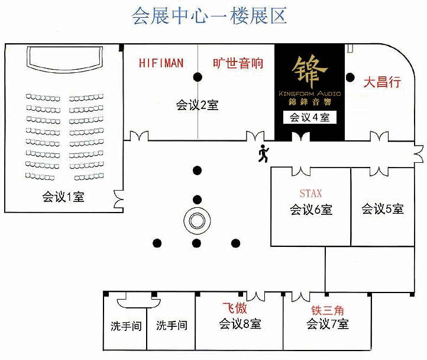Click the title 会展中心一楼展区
[x=209, y=15]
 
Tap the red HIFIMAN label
[x=161, y=63]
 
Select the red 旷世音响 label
[x=238, y=63]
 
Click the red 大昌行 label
[x=382, y=82]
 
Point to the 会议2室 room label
[x=197, y=105]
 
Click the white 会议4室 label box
[x=310, y=117]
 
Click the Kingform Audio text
[x=310, y=94]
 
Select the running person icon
[x=263, y=153]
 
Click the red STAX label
[x=310, y=194]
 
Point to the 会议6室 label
[x=311, y=210]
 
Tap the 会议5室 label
[x=382, y=209]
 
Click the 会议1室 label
[x=63, y=197]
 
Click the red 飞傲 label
[x=235, y=308]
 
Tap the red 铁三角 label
[x=328, y=310]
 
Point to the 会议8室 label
[x=240, y=324]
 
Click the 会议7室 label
[x=328, y=324]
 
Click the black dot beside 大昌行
[x=350, y=78]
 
